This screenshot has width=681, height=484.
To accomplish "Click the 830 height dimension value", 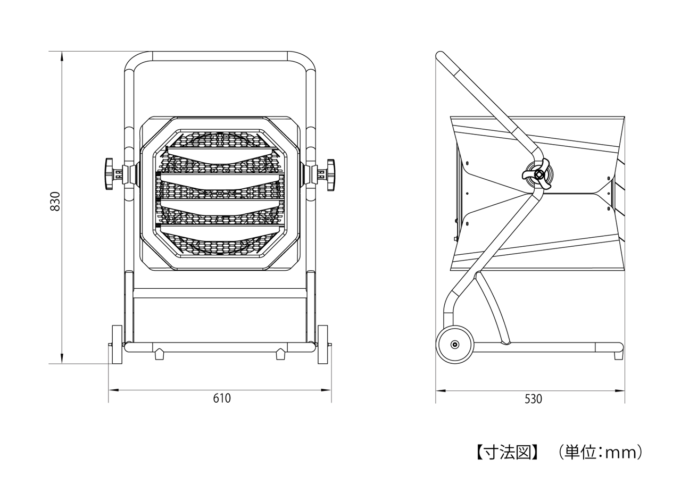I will coord(55,201).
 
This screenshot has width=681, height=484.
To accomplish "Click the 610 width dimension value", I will coord(222,398).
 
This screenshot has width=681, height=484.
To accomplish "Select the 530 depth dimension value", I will coord(533,399).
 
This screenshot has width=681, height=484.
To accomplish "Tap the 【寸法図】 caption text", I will coord(507,452).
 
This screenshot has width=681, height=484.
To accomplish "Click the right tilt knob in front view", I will coord(330,174).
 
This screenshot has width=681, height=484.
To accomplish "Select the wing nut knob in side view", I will coord(537,174).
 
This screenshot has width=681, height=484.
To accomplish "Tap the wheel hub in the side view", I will coord(455,345).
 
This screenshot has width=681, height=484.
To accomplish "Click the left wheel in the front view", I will coord(117,345).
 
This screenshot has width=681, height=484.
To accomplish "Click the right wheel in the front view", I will coord(322,345).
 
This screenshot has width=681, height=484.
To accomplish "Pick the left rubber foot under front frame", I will coord(159,355).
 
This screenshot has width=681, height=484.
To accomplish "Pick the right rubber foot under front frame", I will coord(280,355).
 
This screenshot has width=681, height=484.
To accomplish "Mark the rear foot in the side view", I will coord(618,355).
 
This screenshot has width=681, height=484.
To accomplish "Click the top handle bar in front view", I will coord(220,56).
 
